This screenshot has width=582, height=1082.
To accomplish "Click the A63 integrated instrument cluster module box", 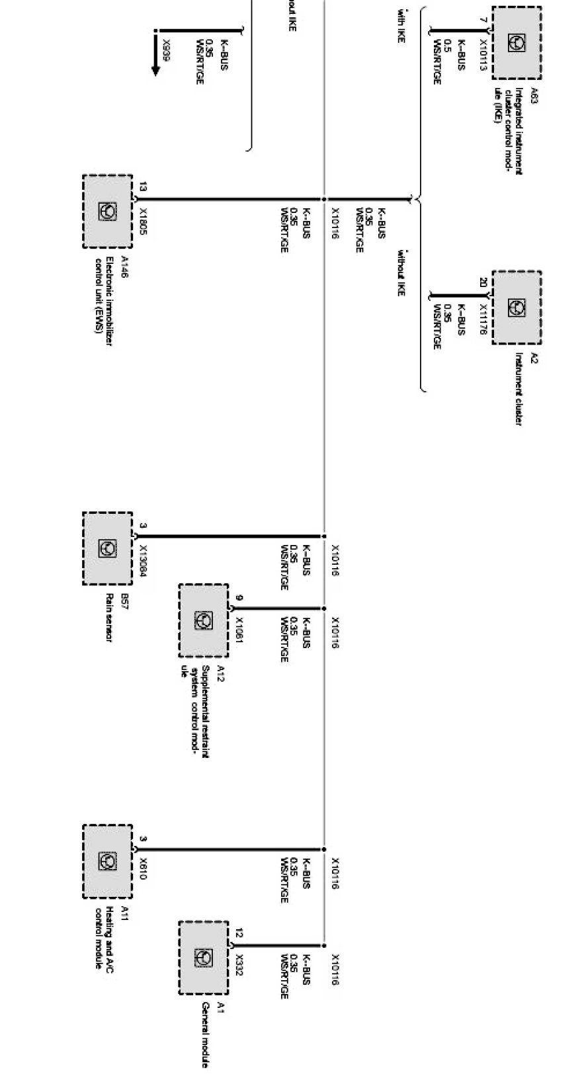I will (x=517, y=43).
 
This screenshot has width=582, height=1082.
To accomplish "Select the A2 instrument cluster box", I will (x=517, y=308).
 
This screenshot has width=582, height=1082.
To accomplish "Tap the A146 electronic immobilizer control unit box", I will (x=107, y=212).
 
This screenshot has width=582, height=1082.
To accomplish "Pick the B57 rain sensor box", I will (x=107, y=548).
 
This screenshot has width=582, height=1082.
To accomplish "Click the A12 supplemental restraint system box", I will (x=203, y=620).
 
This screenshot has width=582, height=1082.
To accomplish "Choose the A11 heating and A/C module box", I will (x=107, y=861).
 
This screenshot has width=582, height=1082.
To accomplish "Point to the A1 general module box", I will (x=203, y=957).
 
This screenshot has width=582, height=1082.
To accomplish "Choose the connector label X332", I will (x=239, y=964).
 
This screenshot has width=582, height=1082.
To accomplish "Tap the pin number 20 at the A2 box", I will (x=483, y=282).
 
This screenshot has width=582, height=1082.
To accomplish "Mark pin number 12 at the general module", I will (x=239, y=934).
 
